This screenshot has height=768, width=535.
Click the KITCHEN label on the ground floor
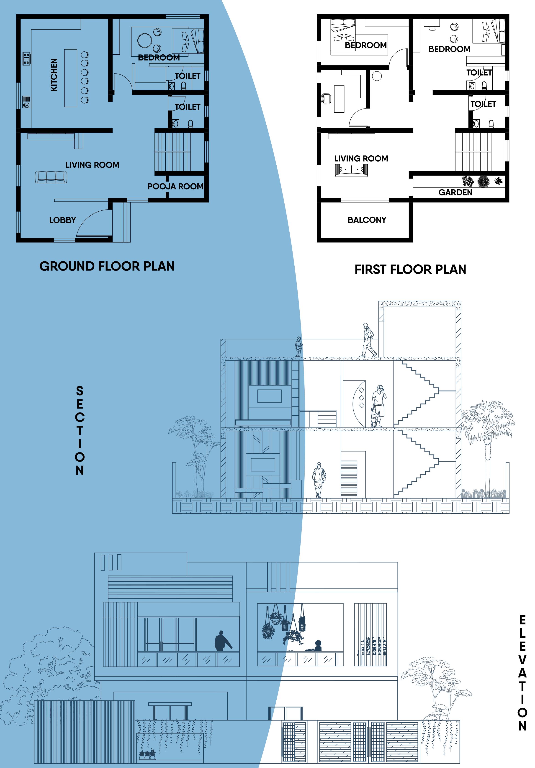(54, 75)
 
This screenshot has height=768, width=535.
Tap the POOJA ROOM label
(175, 186)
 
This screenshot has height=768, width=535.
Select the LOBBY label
(63, 220)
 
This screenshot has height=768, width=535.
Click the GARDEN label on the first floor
(455, 192)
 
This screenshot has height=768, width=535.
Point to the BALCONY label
(367, 220)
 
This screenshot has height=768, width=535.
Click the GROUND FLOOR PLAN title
(107, 266)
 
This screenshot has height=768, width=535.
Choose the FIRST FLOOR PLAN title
(410, 269)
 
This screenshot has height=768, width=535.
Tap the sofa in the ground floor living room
(51, 177)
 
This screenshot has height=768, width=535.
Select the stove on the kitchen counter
(26, 58)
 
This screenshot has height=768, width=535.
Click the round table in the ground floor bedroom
(145, 41)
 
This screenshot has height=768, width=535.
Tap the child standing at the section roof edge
(298, 346)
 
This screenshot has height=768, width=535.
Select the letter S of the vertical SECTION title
(80, 390)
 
